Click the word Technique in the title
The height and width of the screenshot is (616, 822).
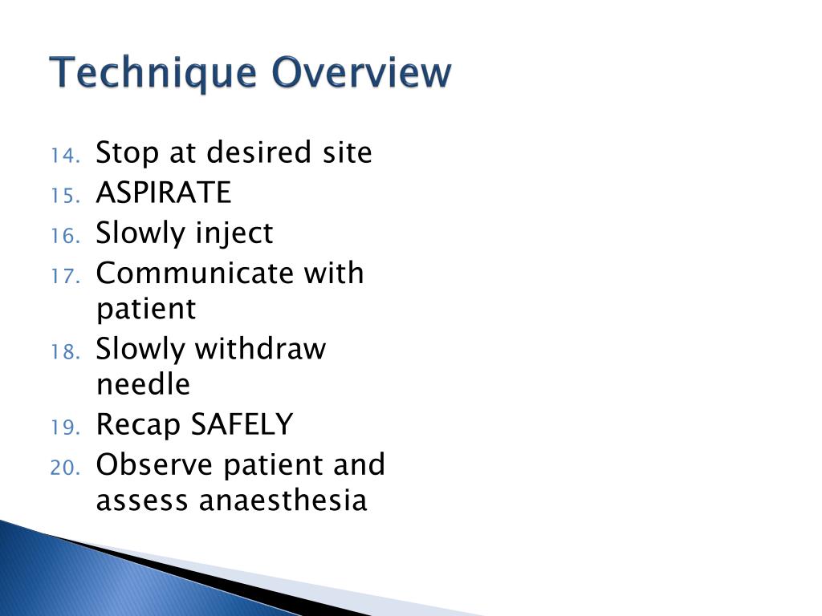pos(153,74)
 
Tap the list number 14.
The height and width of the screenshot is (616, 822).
pos(64,156)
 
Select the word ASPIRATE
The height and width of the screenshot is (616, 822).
pos(163,192)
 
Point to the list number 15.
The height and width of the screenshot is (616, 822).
pos(64,196)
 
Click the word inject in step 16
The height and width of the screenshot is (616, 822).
pos(234,234)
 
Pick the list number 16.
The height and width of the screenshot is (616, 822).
pos(64,237)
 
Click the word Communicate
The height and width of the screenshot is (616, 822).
pos(194,273)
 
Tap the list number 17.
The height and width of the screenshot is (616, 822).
pos(64,277)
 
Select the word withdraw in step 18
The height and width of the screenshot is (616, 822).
pos(261,349)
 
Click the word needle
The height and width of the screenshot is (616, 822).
pos(143,385)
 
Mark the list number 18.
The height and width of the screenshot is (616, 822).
pos(64,352)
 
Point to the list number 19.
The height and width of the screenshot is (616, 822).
pos(64,428)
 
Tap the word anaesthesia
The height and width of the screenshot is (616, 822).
pos(283,500)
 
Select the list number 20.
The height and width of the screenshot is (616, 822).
pos(64,468)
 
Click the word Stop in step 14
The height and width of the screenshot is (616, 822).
pos(128,152)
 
